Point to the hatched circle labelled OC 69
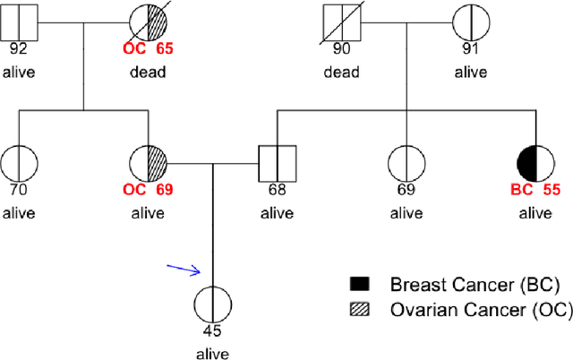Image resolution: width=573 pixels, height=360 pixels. coord(147,164)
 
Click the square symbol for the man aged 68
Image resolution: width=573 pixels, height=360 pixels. coord(277,164)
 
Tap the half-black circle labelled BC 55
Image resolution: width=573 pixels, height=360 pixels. coord(535,164)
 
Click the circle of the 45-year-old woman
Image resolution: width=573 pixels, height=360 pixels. coord(212,304)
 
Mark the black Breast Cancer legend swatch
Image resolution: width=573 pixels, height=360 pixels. coord(359,285)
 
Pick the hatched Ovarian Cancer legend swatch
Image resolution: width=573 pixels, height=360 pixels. coord(359,311)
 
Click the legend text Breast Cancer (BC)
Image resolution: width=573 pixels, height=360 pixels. coord(475,285)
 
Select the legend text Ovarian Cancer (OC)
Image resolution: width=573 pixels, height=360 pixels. coord(475,311)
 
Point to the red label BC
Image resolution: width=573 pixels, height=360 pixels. coord(521,190)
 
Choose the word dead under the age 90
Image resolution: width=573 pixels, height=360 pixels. coord(342,72)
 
